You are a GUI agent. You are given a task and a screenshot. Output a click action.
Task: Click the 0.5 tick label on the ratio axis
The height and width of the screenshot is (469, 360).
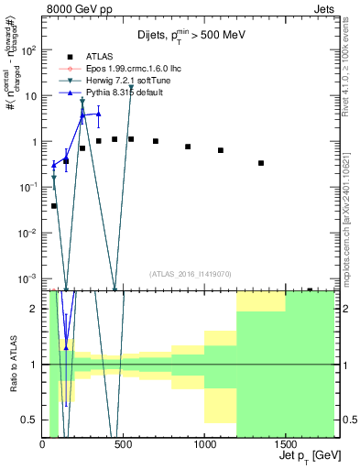click(30, 420)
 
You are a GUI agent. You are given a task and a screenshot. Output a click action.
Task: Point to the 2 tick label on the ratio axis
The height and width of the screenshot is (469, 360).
click(35, 309)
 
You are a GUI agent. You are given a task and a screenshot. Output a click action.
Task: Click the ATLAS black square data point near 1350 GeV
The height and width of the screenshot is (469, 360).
click(261, 163)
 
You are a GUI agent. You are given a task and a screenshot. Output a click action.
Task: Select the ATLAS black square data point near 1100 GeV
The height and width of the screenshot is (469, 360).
click(221, 150)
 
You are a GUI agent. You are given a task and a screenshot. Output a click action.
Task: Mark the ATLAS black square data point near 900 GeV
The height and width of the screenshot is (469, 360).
click(188, 147)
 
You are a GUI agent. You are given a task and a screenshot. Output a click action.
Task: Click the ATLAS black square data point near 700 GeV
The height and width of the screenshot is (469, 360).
click(156, 141)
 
